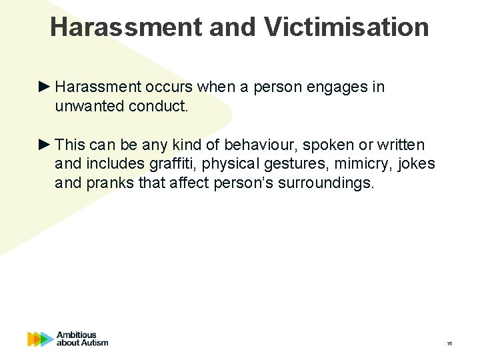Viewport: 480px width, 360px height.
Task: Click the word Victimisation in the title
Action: point(346,27)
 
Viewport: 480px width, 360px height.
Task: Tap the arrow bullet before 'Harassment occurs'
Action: point(45,87)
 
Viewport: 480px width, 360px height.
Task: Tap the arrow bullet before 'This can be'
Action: point(45,145)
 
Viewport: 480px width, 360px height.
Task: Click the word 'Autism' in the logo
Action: point(93,343)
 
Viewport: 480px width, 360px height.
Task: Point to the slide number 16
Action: point(449,343)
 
